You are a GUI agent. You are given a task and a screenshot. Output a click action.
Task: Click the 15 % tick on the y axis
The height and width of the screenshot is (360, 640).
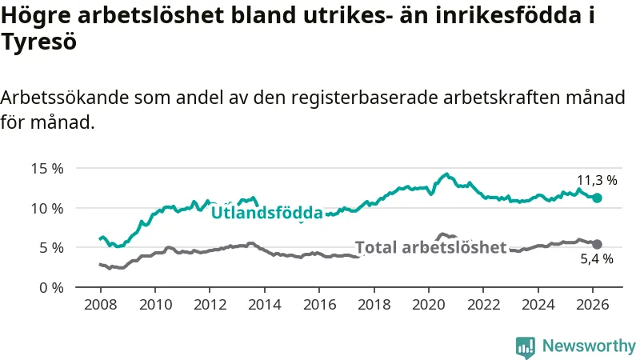tap(47, 168)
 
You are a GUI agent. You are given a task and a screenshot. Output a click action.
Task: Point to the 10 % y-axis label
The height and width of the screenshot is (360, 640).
tap(47, 208)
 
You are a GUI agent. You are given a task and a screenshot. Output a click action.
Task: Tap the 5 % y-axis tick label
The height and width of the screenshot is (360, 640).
tap(51, 247)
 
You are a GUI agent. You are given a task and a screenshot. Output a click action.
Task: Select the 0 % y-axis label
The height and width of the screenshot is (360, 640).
tap(51, 286)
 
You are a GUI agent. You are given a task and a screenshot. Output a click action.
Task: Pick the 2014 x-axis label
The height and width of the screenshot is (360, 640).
tap(264, 304)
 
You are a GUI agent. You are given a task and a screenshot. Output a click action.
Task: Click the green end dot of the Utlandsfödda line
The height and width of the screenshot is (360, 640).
tap(597, 198)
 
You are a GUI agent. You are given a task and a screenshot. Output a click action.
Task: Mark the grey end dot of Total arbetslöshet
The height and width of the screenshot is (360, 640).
tap(597, 244)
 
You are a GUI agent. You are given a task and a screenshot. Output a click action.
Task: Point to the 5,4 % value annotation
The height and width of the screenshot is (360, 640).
tap(597, 259)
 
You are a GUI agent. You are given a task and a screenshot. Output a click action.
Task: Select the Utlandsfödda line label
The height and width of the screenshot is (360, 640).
tap(266, 213)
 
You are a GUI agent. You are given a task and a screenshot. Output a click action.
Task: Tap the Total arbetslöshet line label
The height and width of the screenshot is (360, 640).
tap(430, 247)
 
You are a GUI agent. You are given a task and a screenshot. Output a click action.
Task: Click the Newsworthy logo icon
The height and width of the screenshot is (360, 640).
tap(526, 346)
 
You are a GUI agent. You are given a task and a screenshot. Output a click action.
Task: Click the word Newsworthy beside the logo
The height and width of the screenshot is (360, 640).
tap(589, 346)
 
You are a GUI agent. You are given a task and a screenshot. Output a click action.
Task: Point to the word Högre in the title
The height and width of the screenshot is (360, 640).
tap(36, 14)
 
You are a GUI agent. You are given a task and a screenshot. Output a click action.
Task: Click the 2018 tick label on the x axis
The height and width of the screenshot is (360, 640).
tap(374, 304)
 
